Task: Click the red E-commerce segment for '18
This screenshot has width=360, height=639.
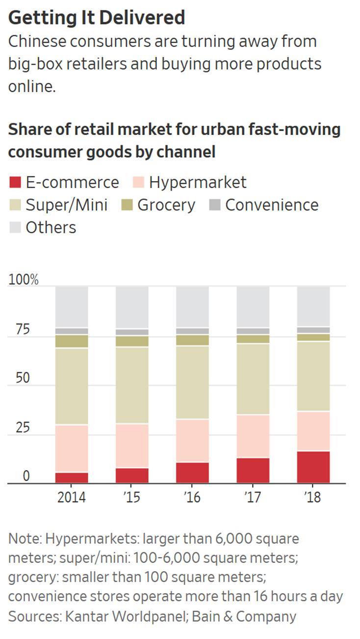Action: click(313, 467)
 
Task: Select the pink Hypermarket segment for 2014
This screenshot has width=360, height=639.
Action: click(72, 448)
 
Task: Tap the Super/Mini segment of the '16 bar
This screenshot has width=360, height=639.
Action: click(192, 382)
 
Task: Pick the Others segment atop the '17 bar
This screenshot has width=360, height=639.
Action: click(253, 307)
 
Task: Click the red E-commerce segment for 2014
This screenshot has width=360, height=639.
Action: click(72, 478)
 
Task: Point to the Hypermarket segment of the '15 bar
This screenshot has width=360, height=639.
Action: click(132, 446)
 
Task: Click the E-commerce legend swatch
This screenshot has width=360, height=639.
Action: click(15, 183)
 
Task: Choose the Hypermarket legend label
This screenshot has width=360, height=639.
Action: click(198, 183)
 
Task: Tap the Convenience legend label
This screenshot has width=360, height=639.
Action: click(272, 205)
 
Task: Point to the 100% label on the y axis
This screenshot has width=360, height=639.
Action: click(23, 280)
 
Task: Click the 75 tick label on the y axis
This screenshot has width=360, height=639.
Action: click(23, 329)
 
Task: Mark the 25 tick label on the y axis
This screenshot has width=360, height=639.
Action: click(23, 427)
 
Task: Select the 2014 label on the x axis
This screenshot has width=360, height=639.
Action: click(72, 497)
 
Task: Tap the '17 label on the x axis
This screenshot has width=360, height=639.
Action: click(252, 497)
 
